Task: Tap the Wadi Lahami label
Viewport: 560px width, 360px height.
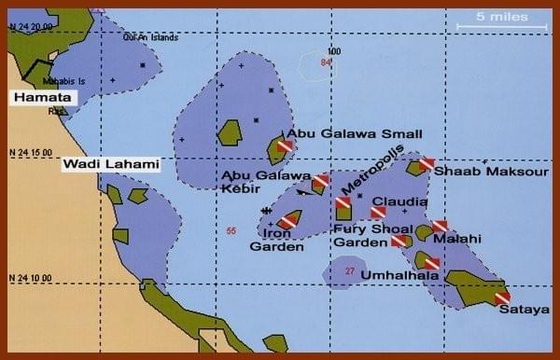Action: pos(110,165)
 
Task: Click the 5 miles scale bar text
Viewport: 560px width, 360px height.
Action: pos(502,16)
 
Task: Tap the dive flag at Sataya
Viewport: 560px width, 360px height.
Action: pos(502,298)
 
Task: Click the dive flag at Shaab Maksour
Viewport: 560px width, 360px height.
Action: pos(427,164)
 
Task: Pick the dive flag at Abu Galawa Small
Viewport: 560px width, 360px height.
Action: pos(286,145)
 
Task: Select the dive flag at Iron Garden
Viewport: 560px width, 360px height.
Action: pos(290,221)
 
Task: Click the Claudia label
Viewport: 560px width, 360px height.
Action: pos(399,201)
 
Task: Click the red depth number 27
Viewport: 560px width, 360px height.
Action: pos(349,271)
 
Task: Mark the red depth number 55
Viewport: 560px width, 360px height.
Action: pos(231,230)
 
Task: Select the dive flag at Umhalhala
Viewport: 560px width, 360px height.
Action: pos(431,264)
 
